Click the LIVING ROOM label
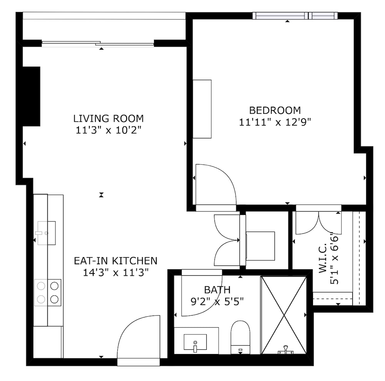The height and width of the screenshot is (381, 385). point(108,118)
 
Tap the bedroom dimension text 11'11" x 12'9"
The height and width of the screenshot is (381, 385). point(275,122)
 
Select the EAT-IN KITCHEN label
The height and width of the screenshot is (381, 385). point(115,261)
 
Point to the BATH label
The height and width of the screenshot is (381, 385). point(217,290)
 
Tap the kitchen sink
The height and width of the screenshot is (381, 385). point(47,233)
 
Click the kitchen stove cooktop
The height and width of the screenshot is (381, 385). point(48,292)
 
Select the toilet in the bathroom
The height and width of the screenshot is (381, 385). point(240,337)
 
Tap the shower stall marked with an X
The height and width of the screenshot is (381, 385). point(284,315)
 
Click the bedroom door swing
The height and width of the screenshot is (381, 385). point(216,184)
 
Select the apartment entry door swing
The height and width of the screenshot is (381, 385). point(139,337)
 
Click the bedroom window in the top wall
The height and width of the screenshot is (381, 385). point(295,16)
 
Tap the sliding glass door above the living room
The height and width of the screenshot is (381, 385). point(98,44)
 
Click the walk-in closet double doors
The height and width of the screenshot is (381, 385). point(318,223)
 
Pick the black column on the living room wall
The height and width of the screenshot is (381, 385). point(32,96)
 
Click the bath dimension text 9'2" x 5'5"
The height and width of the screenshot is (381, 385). point(217,301)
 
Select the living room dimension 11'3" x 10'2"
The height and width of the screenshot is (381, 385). point(108,130)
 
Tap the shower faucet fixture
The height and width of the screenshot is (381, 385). point(286,350)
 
